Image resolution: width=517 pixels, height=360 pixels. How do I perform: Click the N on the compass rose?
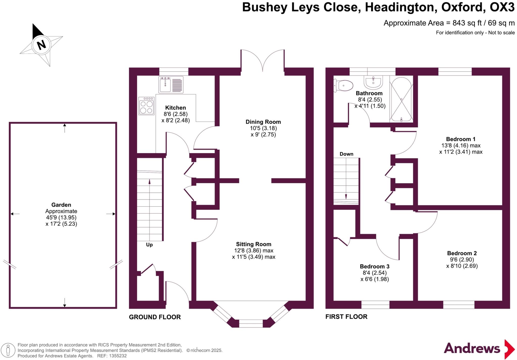tap(41, 45)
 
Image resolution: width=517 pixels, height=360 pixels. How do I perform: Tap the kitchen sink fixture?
tap(171, 85)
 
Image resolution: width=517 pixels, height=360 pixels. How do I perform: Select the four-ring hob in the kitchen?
tap(146, 106)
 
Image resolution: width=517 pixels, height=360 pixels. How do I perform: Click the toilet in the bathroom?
tap(344, 86)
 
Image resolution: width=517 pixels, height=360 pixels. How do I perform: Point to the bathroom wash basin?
tap(373, 82)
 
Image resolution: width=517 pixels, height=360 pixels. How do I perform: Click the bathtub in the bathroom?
tap(401, 99)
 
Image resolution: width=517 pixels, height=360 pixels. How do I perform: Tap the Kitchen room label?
tap(175, 108)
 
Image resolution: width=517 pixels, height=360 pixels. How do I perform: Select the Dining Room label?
tap(263, 122)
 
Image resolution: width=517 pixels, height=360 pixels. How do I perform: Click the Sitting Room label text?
tap(253, 244)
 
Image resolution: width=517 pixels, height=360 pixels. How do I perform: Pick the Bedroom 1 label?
tap(460, 139)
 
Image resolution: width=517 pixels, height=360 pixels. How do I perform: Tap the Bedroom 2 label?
tap(462, 253)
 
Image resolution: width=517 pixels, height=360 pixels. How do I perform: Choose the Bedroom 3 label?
tap(374, 266)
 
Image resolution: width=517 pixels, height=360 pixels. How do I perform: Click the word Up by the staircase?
tap(149, 245)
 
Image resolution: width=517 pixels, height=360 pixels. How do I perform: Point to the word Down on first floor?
tap(346, 154)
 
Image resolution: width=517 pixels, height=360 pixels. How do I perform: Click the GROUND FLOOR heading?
tap(155, 317)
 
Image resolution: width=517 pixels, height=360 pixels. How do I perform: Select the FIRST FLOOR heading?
tap(346, 317)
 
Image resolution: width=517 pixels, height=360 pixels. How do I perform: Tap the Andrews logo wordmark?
tap(472, 348)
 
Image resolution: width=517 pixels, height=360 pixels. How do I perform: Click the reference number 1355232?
tap(118, 356)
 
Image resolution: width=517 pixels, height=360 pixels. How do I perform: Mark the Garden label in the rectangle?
tap(61, 205)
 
